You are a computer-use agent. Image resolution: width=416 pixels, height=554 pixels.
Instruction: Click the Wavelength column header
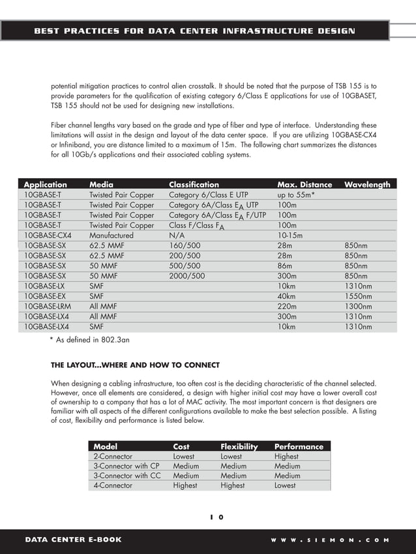(x=367, y=185)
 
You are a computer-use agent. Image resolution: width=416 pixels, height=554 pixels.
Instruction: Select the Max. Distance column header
(x=305, y=185)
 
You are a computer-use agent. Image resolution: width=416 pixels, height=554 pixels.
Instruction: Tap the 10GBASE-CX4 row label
(x=48, y=236)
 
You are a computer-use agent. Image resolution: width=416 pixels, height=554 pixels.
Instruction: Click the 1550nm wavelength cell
(x=358, y=296)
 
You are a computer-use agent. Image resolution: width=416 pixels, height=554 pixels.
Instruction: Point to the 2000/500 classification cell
(x=186, y=276)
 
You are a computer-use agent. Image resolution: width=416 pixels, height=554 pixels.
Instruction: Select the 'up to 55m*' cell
(x=296, y=194)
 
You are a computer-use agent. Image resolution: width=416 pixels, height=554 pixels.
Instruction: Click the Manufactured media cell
(x=111, y=236)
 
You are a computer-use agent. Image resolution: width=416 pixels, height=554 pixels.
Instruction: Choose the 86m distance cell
(x=286, y=266)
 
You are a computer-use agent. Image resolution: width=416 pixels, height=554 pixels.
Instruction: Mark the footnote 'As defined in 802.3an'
(x=94, y=339)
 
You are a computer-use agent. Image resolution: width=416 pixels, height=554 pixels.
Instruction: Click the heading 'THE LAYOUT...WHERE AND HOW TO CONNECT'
(x=135, y=365)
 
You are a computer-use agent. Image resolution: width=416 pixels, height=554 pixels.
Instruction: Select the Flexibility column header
(x=239, y=446)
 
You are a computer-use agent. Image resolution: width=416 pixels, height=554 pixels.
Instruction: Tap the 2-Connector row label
(x=113, y=457)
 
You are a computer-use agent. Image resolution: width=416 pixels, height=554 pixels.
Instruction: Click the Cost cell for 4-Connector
(x=185, y=485)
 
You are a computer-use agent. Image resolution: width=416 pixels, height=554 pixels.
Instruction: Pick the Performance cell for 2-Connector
(x=286, y=457)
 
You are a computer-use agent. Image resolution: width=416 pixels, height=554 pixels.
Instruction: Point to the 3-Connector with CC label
(x=126, y=476)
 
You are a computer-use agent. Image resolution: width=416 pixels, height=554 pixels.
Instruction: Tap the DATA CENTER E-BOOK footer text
(x=73, y=540)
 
